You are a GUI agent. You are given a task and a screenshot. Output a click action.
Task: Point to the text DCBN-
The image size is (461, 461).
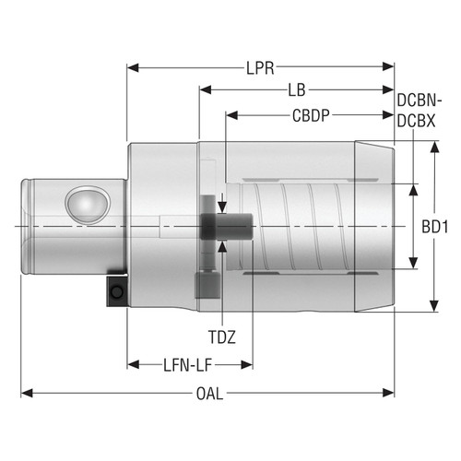420,100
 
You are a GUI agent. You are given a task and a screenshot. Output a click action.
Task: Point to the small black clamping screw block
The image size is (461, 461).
116,292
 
